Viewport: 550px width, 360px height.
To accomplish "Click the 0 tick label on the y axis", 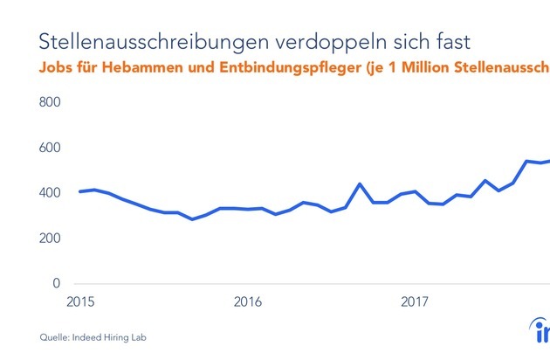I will pyautogui.click(x=55, y=284).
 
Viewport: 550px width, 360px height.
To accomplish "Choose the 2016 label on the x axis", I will pyautogui.click(x=248, y=302).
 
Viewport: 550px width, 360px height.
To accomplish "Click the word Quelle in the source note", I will pyautogui.click(x=54, y=336).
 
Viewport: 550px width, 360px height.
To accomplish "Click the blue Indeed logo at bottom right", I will pyautogui.click(x=541, y=333).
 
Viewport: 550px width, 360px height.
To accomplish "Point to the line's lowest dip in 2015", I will pyautogui.click(x=192, y=219).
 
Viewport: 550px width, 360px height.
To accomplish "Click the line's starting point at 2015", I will pyautogui.click(x=79, y=191).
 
